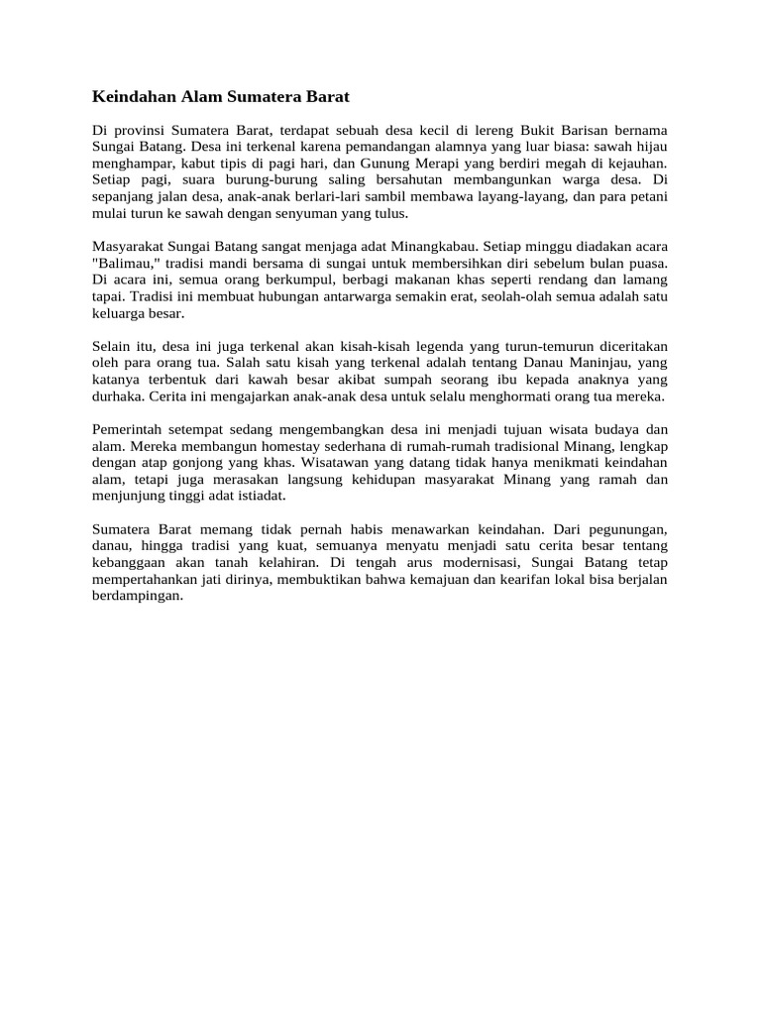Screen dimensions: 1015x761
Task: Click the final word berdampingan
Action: coord(138,596)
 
